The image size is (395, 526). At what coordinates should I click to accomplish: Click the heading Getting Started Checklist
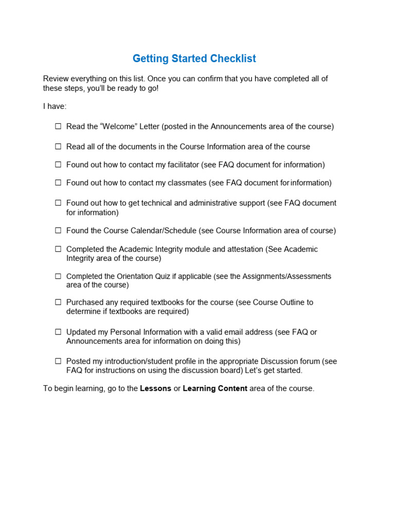194,59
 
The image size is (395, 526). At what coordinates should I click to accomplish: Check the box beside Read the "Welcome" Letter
58,126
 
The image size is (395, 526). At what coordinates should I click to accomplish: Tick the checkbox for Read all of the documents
58,146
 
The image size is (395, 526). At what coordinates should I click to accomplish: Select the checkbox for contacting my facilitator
58,165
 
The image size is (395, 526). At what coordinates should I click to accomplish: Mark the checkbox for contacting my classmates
58,183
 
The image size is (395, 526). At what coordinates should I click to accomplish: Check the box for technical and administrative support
58,203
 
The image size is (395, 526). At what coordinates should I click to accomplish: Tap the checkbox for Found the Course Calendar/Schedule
58,231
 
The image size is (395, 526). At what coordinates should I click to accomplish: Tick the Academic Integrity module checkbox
58,249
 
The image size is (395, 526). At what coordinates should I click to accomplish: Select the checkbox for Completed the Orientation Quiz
58,276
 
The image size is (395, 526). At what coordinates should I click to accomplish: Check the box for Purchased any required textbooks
58,303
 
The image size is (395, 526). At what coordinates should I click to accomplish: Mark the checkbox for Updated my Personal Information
58,332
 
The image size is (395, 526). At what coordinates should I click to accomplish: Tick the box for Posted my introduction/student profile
58,361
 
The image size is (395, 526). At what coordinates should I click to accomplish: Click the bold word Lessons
155,389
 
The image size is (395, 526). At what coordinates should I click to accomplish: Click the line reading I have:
55,106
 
